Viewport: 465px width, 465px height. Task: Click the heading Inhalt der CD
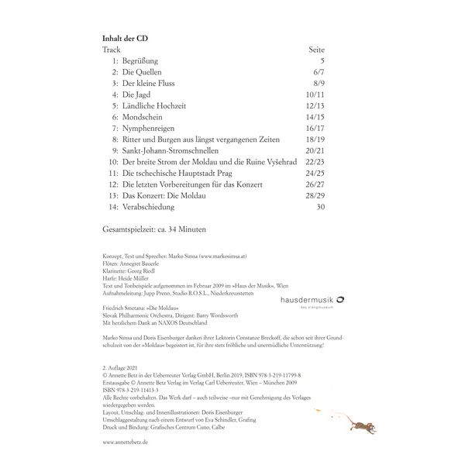click(x=130, y=37)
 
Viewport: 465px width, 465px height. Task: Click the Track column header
click(x=112, y=49)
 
